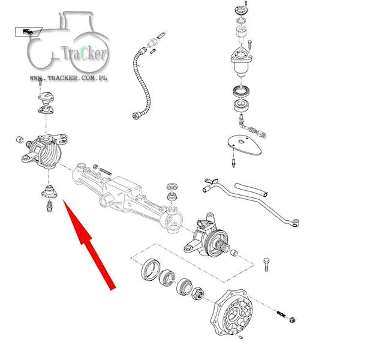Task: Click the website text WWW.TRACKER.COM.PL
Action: pos(68,78)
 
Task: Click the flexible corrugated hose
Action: pos(142,82)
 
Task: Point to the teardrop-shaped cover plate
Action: pos(244,145)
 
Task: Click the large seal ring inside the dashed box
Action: pos(151,270)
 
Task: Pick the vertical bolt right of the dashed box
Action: pos(266,265)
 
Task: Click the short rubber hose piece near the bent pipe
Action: pos(251,189)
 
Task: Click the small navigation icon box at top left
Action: pos(28,32)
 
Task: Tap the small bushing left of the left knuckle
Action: pos(20,139)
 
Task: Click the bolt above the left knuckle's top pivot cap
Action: pos(40,82)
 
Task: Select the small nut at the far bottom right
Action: pos(292,320)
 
